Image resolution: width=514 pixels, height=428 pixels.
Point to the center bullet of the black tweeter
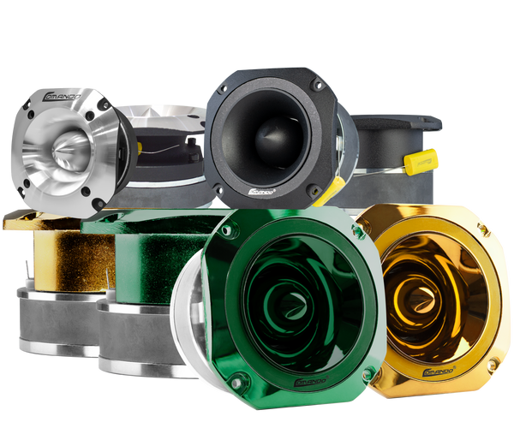(x=266, y=144)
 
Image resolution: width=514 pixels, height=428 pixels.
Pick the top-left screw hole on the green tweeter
(x=231, y=226)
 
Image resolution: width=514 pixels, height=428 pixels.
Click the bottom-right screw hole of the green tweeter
(x=367, y=375)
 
